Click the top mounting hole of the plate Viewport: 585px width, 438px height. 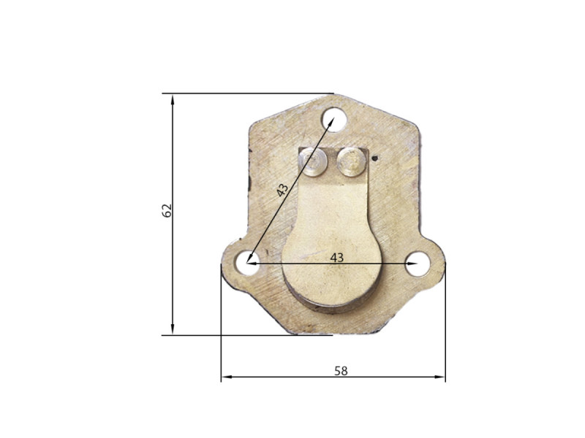click(x=334, y=119)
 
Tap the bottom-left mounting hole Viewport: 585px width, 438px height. click(x=247, y=263)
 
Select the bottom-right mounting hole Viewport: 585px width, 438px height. click(x=418, y=264)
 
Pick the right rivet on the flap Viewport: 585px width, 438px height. click(x=351, y=161)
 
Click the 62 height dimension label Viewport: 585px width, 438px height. click(x=167, y=210)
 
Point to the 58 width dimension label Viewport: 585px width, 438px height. click(x=341, y=371)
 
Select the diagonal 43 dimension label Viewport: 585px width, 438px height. click(x=282, y=190)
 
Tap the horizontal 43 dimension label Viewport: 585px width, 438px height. click(x=336, y=258)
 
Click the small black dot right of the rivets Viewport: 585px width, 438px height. click(x=375, y=158)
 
